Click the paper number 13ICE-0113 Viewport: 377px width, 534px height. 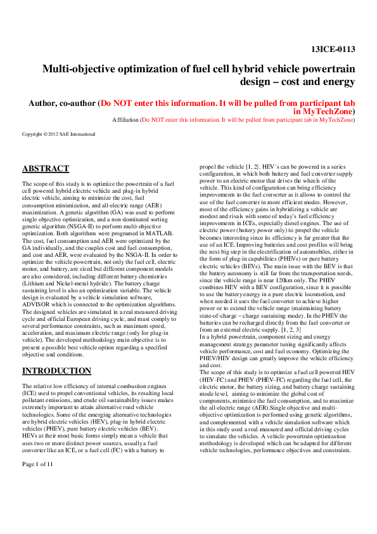[x=333, y=49]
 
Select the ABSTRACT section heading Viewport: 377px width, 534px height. [x=46, y=169]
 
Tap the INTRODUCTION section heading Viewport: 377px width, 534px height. [x=56, y=371]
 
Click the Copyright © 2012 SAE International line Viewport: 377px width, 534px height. [x=58, y=134]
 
